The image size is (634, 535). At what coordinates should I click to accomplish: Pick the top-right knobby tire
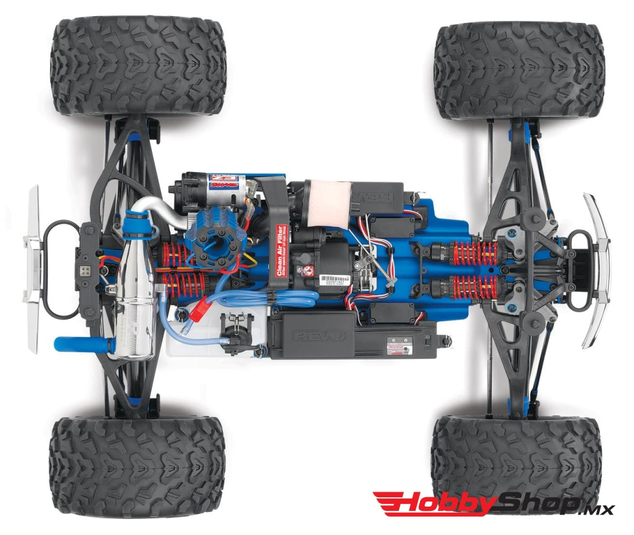519,71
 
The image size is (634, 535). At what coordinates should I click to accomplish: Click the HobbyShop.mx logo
492,504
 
